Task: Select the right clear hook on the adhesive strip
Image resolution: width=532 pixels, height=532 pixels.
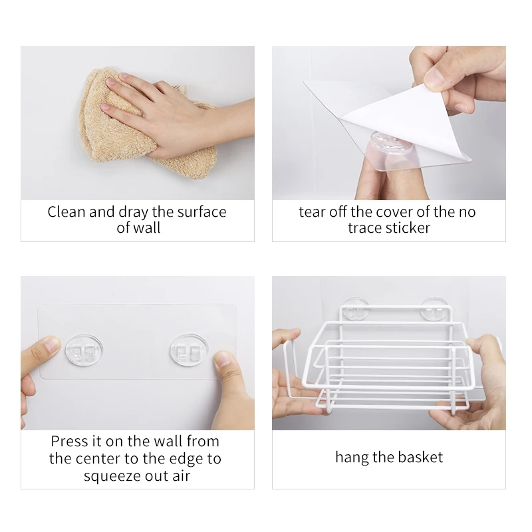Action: (188, 349)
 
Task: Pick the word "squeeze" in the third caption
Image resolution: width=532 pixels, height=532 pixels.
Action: (110, 476)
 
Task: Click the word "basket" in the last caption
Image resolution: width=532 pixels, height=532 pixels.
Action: (421, 458)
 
